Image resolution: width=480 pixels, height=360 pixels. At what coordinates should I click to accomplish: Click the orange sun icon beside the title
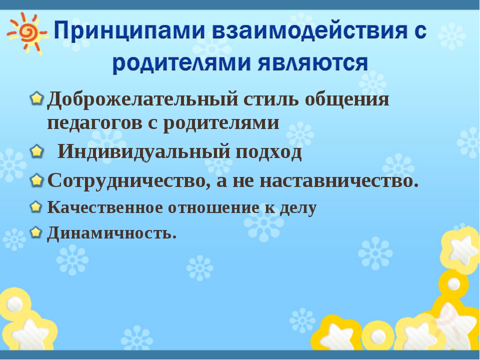point(27,33)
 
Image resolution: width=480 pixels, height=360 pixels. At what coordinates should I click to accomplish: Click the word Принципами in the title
point(129,31)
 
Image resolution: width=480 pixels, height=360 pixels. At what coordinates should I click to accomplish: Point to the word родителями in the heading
point(182,63)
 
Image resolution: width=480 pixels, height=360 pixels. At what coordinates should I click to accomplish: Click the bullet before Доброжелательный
point(37,98)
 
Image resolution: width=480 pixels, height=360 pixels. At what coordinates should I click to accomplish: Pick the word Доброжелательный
point(142,100)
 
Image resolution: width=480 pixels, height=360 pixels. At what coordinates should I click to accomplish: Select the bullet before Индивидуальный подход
point(37,151)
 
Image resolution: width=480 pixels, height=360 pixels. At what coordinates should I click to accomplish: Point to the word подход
point(268,152)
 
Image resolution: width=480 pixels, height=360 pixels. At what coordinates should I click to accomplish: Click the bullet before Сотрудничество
point(37,180)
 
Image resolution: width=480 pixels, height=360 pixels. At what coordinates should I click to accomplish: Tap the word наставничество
point(339,180)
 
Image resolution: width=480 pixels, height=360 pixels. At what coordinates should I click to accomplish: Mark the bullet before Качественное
point(36,206)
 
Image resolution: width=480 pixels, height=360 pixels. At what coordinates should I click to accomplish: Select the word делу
point(298,208)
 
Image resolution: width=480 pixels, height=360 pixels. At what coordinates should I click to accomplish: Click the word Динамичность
point(111,233)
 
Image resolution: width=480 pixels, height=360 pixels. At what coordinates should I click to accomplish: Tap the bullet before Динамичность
point(36,232)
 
